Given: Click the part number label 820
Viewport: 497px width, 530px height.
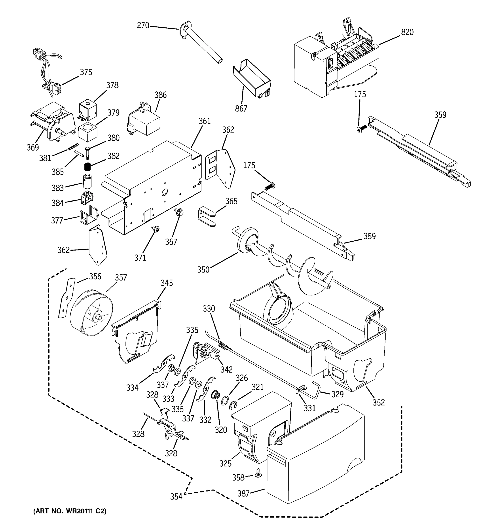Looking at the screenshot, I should tap(407, 32).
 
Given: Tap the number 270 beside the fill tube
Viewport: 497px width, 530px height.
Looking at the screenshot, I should tap(143, 26).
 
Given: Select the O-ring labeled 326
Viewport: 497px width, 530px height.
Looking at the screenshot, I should tap(224, 400).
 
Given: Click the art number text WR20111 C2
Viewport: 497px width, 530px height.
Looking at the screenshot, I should tap(70, 511).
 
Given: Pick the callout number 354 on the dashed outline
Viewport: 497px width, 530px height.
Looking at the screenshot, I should tap(176, 497).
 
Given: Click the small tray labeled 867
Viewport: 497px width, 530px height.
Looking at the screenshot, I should tap(252, 79).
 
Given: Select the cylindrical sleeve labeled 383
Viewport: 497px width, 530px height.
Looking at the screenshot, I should tap(87, 181).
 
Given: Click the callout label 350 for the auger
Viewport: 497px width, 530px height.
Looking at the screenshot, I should tap(203, 270).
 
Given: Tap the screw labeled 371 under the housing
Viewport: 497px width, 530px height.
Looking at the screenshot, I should tap(156, 229).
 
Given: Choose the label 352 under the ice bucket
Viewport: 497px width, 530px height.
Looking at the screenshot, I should tap(379, 403).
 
